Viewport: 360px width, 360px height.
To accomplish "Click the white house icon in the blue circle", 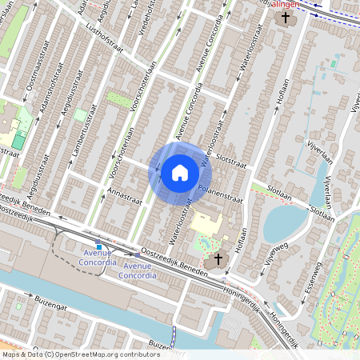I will [x=180, y=172].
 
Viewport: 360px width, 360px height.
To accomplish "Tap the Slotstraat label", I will [x=230, y=161].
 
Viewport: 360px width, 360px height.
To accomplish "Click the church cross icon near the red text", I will [x=285, y=16].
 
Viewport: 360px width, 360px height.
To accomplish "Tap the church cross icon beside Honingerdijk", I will [x=216, y=260].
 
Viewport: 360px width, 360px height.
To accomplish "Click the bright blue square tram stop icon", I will [x=98, y=244].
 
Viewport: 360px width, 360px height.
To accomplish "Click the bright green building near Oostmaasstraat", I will [x=18, y=141].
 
